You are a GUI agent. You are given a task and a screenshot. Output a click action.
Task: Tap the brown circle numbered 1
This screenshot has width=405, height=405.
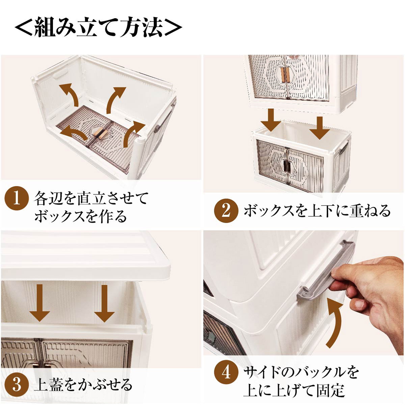[x=16, y=199]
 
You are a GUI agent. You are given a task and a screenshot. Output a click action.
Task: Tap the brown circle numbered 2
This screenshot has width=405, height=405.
[x=226, y=211]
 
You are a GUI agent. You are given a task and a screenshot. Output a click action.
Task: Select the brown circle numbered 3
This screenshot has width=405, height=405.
[x=16, y=385]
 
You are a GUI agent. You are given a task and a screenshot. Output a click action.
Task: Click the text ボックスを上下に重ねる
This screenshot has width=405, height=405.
[x=317, y=211]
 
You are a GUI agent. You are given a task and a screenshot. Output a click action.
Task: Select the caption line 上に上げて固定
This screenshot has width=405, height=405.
[x=294, y=391]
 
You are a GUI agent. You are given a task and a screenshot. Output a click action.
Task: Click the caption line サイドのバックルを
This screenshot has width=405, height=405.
[x=300, y=372]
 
